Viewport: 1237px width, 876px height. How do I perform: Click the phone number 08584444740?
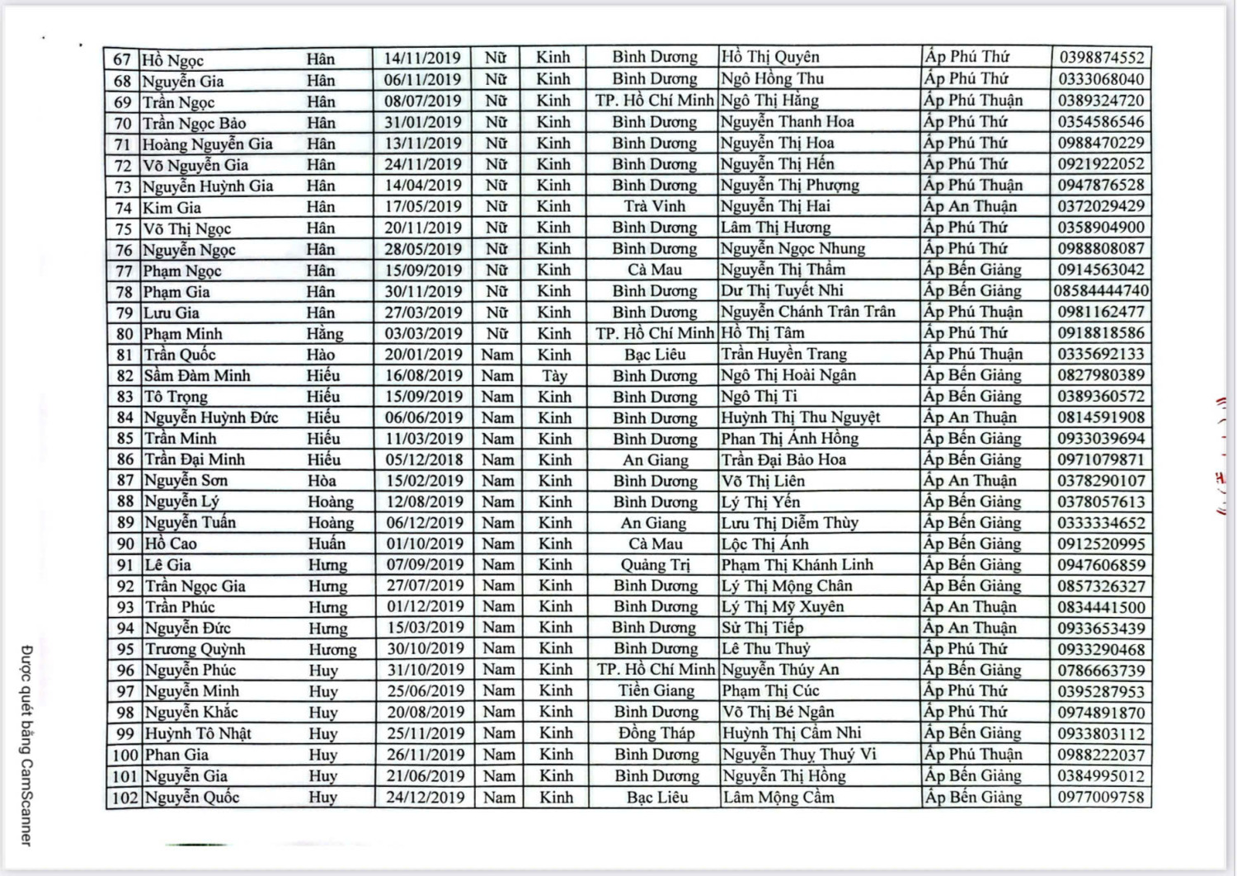coord(1101,291)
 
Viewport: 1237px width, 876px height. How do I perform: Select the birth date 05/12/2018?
coord(424,459)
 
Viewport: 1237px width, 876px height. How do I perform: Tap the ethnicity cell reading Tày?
coord(554,376)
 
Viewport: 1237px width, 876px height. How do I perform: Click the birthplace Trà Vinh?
coord(654,206)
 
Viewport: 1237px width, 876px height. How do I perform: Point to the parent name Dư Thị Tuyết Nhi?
coord(782,290)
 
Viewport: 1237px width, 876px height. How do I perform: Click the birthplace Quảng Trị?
coord(655,565)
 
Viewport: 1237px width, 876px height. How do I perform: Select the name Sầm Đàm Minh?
coord(197,376)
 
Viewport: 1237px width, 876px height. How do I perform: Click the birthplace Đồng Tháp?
coord(656,733)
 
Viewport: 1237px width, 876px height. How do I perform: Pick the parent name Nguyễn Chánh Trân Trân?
coord(807,312)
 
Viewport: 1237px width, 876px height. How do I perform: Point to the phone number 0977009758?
coord(1101,798)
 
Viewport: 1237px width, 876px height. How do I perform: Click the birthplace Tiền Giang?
coord(656,691)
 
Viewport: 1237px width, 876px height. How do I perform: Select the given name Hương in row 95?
coord(332,650)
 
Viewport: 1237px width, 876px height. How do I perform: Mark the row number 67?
coord(123,59)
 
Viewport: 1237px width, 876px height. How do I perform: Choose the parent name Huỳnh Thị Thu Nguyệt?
coord(800,417)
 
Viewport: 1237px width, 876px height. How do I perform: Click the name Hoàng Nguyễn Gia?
coord(207,144)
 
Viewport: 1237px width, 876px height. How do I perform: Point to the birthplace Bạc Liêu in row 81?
coord(655,355)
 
